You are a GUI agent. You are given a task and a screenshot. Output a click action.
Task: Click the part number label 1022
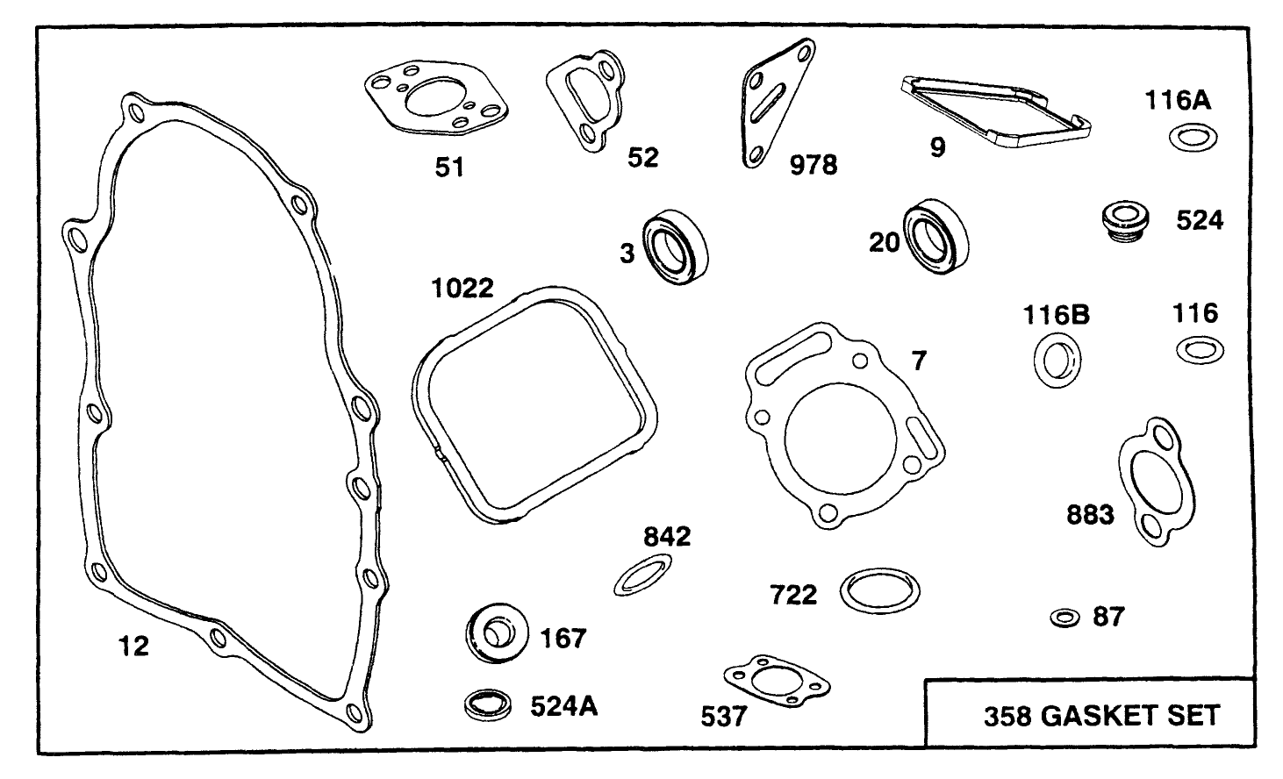tap(462, 288)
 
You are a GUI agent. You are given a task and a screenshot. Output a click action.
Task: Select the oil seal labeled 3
tap(676, 247)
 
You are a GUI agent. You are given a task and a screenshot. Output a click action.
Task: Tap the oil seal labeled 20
tap(936, 232)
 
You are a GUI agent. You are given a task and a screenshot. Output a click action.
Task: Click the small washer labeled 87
tap(1064, 618)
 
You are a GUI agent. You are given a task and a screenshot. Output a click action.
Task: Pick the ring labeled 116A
tap(1193, 138)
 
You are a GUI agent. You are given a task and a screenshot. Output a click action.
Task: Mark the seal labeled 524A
tap(489, 704)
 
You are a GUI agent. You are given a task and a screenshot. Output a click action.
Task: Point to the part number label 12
tap(133, 647)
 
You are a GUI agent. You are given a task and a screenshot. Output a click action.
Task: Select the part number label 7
tap(918, 360)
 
